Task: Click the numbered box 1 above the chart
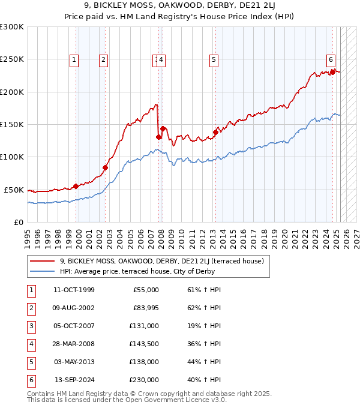point(74,59)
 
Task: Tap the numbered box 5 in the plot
point(214,59)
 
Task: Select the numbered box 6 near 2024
point(331,59)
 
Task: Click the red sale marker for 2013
point(215,132)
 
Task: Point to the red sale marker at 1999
point(76,186)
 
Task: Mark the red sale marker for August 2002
point(105,167)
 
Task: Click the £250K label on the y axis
point(11,59)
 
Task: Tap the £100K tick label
point(11,157)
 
